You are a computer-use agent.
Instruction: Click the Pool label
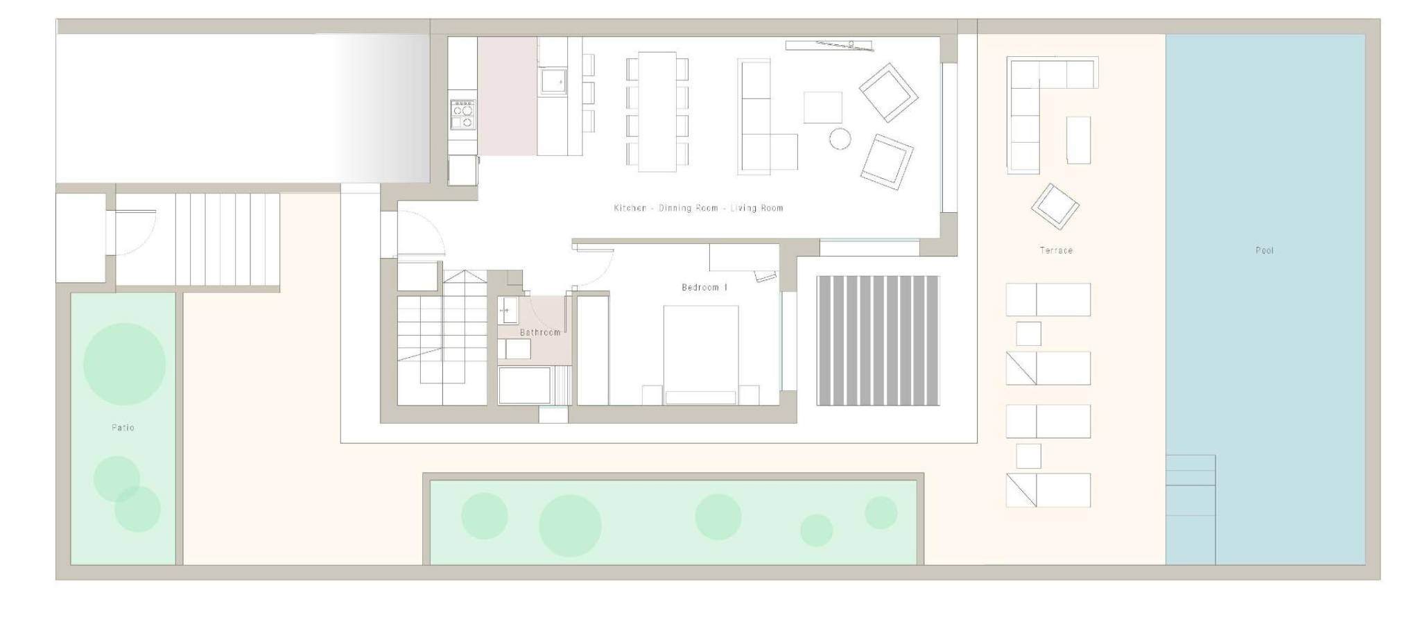click(1264, 250)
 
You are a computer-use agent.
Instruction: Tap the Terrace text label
click(1056, 250)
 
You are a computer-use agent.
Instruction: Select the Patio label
click(123, 428)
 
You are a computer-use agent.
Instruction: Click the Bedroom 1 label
click(704, 287)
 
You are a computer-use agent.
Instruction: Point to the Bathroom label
click(540, 332)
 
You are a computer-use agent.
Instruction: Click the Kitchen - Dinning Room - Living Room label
click(698, 208)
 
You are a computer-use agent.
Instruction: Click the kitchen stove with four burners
click(463, 114)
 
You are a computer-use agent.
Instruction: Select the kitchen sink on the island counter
click(553, 80)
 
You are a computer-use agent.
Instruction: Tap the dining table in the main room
click(657, 112)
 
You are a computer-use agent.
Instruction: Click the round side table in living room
click(840, 139)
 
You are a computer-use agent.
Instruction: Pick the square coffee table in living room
click(823, 107)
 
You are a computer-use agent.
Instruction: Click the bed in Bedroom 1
click(700, 355)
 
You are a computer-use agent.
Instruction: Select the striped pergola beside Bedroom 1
click(878, 340)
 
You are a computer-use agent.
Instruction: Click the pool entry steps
click(1190, 485)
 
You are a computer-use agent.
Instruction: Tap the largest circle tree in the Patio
click(124, 364)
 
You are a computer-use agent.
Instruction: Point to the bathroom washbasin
click(507, 310)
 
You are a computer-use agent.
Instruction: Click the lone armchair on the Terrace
click(1055, 206)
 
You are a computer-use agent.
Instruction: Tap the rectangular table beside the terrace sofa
click(1078, 140)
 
